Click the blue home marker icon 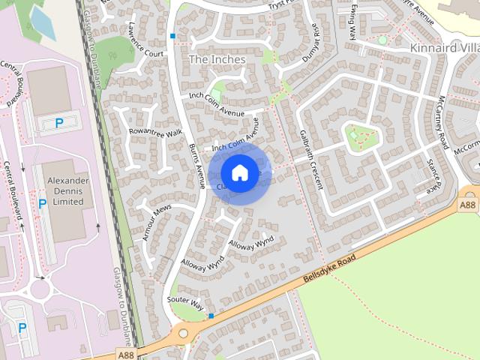(x=239, y=173)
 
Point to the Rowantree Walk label (x=156, y=132)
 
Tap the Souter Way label (x=187, y=303)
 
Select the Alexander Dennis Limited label (x=67, y=191)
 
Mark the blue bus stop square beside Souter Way (x=211, y=316)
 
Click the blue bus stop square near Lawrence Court (x=172, y=35)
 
